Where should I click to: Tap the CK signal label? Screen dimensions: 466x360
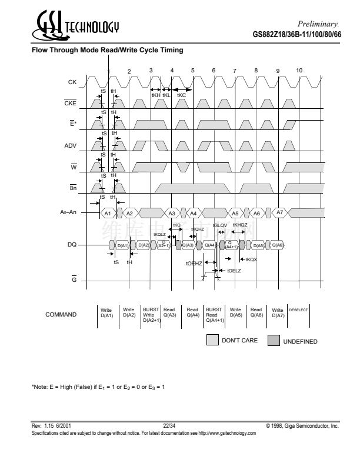click(x=72, y=82)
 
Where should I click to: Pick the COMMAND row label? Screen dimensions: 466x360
click(x=61, y=315)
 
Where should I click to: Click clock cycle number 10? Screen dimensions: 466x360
click(x=299, y=71)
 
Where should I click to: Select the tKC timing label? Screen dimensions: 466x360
click(x=181, y=95)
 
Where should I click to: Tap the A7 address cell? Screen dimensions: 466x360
click(x=279, y=212)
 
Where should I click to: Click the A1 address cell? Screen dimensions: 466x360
click(x=107, y=212)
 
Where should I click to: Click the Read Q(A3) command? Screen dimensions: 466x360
click(x=169, y=312)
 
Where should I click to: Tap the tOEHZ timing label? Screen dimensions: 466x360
click(x=194, y=264)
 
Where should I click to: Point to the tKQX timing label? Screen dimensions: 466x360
click(x=251, y=259)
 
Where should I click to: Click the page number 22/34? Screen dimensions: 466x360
click(x=169, y=425)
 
